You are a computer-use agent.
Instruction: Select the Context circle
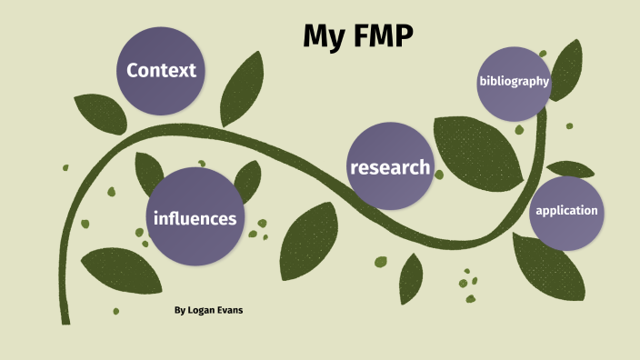(162, 70)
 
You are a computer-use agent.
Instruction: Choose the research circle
(390, 167)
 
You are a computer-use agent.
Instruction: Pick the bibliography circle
(515, 82)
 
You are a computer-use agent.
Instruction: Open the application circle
(566, 212)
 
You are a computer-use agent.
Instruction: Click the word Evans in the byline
(231, 310)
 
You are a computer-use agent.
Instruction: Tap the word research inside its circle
(390, 167)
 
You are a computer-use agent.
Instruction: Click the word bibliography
(515, 82)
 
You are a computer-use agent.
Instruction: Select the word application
(566, 211)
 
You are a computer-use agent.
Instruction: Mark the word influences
(195, 218)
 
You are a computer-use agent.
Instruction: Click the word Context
(162, 70)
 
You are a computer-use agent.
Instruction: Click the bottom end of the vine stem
(65, 318)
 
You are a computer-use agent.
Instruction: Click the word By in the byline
(180, 310)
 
